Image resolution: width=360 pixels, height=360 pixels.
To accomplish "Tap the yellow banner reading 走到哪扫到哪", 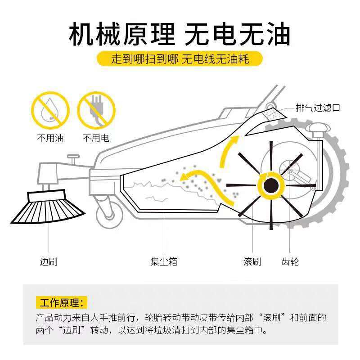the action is pyautogui.click(x=180, y=59).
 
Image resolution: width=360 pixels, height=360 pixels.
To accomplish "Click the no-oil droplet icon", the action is pyautogui.click(x=50, y=110).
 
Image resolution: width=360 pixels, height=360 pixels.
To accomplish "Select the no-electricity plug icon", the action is pyautogui.click(x=97, y=110).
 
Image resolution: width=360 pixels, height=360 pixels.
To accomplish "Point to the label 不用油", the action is pyautogui.click(x=50, y=138).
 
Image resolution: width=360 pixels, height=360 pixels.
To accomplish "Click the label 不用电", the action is pyautogui.click(x=96, y=138).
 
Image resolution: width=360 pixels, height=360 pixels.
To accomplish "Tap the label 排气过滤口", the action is pyautogui.click(x=317, y=108).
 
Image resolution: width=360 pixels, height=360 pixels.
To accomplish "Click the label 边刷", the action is pyautogui.click(x=49, y=261).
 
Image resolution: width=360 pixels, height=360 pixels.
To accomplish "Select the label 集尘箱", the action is pyautogui.click(x=164, y=261).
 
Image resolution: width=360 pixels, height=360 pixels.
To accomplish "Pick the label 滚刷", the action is pyautogui.click(x=252, y=261).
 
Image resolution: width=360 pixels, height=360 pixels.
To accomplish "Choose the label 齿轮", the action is pyautogui.click(x=289, y=261).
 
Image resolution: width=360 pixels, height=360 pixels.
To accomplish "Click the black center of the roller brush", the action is pyautogui.click(x=271, y=185).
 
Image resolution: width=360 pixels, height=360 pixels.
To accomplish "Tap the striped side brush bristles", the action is pyautogui.click(x=47, y=209).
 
